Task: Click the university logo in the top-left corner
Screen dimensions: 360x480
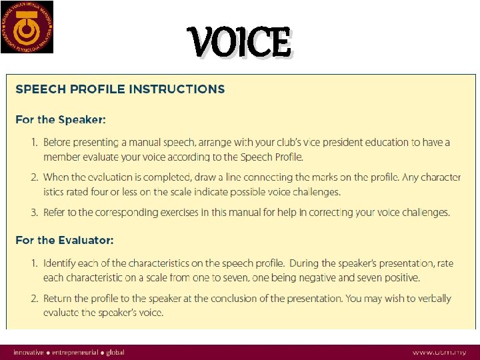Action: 27,27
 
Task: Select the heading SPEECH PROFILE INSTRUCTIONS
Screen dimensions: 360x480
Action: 120,89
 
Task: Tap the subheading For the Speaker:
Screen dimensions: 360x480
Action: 61,120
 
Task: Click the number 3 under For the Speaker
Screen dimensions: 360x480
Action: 34,213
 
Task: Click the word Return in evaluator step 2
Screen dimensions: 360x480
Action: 59,299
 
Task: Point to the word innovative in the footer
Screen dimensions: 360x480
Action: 29,352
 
